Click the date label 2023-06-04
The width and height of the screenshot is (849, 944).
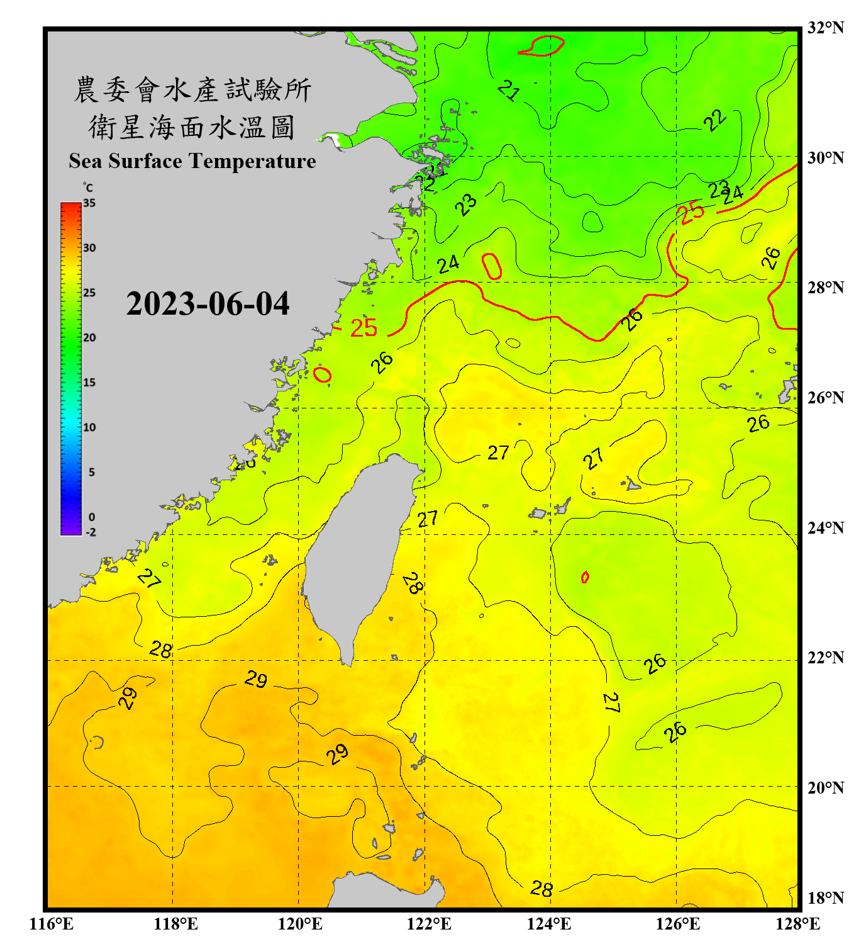tap(208, 304)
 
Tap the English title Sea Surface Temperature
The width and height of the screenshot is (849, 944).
tap(192, 161)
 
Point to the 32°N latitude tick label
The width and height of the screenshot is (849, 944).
tap(825, 28)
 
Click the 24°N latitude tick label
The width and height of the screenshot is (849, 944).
tap(825, 528)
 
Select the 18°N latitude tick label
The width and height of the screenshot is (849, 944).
tap(825, 898)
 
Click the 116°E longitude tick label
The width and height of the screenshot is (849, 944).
tap(52, 924)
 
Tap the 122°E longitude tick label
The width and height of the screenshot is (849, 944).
tap(429, 924)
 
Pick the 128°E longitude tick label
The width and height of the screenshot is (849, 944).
tap(797, 924)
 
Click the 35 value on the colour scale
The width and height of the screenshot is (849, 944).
tap(89, 203)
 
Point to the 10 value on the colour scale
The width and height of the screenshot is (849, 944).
tap(89, 427)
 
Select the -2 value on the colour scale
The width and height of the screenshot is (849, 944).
tap(91, 532)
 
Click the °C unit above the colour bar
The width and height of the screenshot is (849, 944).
tap(88, 188)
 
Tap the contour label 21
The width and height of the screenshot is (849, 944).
tap(509, 91)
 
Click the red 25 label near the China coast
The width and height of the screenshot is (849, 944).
tap(363, 328)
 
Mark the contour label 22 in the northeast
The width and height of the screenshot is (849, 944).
tap(715, 120)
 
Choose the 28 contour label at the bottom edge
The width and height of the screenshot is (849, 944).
tap(541, 889)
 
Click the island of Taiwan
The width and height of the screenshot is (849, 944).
tap(358, 554)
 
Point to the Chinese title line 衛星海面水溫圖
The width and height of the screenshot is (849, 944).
tap(192, 127)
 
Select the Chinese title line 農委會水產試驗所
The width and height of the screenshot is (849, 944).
tap(192, 90)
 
